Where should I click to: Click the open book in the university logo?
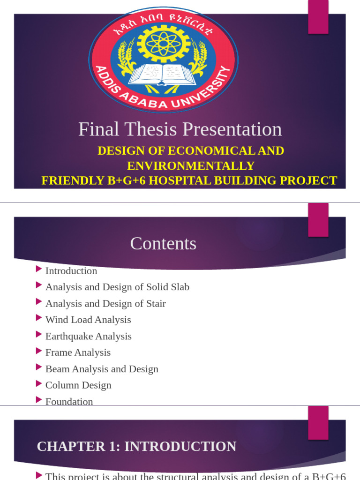[163, 74]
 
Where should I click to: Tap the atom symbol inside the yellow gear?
[163, 43]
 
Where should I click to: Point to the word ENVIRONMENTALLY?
[191, 165]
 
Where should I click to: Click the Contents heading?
[163, 243]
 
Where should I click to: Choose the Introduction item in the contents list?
[71, 271]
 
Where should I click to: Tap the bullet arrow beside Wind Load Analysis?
[39, 318]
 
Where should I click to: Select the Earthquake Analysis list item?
[88, 336]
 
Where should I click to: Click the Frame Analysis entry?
[78, 352]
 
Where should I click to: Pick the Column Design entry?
[78, 385]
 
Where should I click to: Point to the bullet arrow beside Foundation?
[39, 400]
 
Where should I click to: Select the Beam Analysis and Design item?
[102, 369]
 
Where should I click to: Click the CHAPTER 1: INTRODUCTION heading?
[136, 447]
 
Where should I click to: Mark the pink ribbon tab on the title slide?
[318, 17]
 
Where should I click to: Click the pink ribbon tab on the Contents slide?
[318, 220]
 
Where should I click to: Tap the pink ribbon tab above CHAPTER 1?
[318, 422]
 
